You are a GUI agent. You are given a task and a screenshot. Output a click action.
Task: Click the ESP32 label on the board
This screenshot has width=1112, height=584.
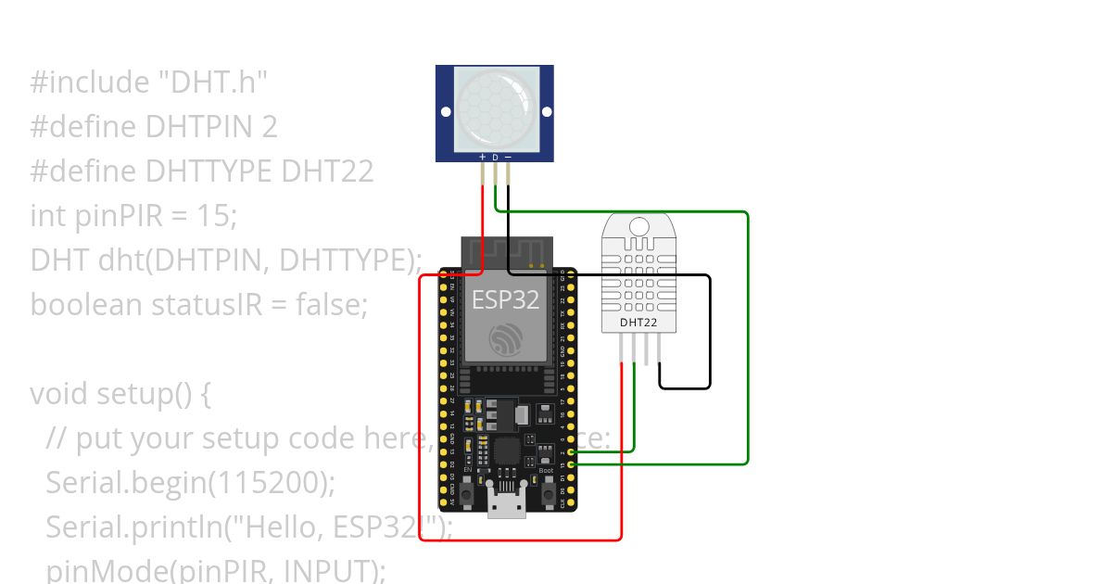(x=505, y=300)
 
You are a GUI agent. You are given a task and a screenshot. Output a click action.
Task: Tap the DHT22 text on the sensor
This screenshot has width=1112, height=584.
(x=637, y=323)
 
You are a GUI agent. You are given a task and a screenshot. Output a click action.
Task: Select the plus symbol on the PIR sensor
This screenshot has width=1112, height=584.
(x=482, y=158)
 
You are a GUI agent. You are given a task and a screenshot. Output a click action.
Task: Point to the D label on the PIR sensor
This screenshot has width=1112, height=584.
(x=495, y=158)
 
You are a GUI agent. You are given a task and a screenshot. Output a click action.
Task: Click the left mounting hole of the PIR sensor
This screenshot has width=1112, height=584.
(x=446, y=112)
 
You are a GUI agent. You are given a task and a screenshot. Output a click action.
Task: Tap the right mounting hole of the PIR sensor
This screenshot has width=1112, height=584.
(x=544, y=112)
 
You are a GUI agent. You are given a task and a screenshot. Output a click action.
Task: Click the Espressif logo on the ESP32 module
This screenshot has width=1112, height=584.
(x=506, y=338)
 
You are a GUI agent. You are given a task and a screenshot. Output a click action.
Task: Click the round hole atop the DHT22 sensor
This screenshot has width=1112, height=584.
(x=638, y=225)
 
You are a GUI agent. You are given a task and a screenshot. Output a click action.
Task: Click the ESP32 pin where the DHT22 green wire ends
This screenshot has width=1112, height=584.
(x=570, y=451)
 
